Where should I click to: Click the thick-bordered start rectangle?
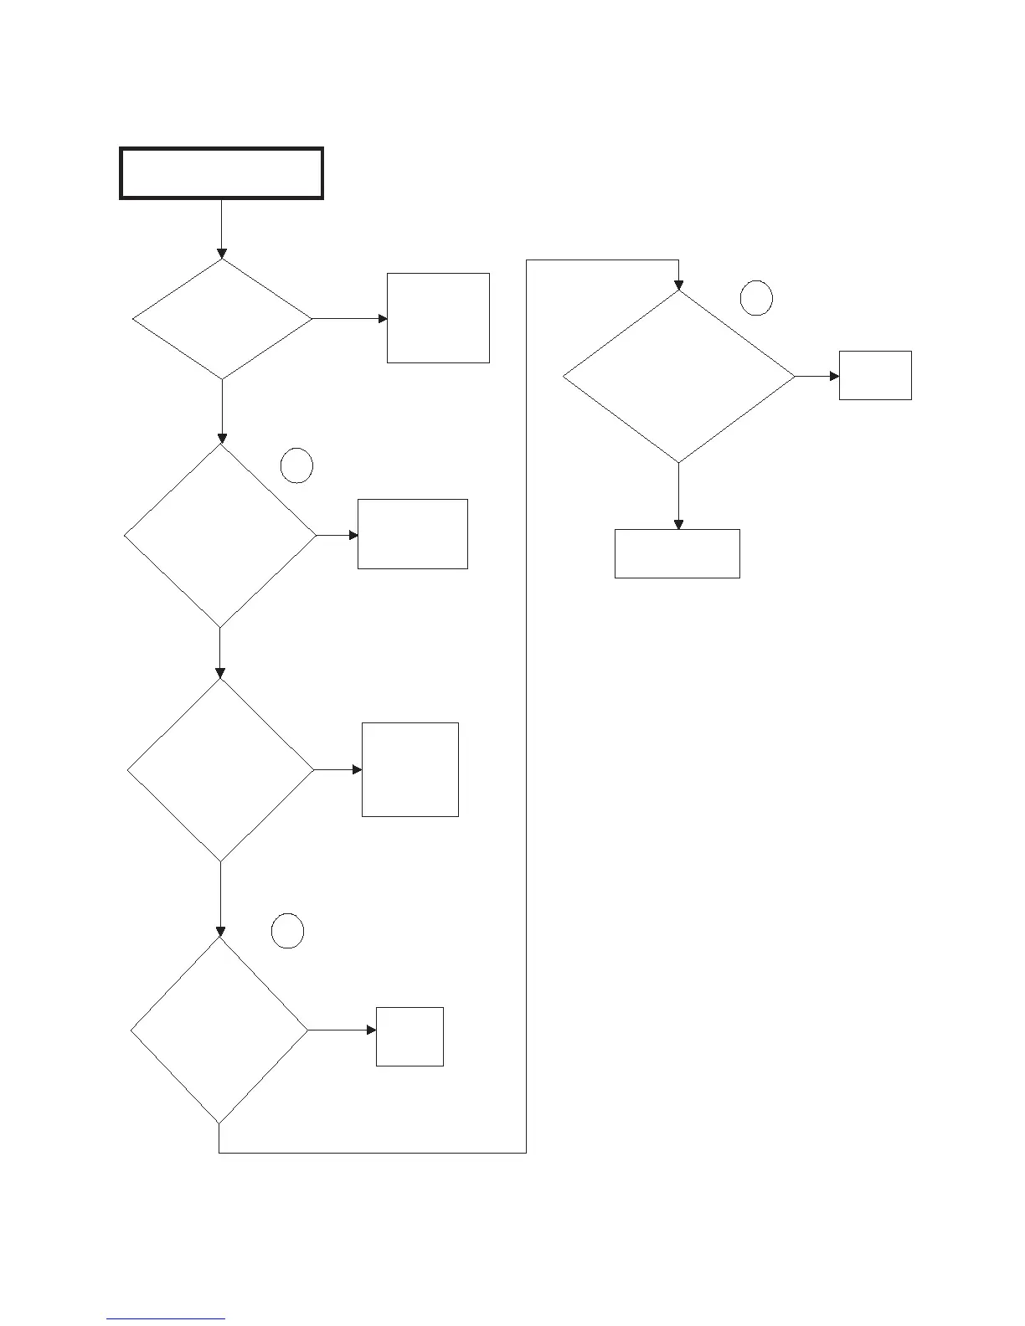tap(221, 173)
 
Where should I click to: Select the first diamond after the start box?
tap(222, 319)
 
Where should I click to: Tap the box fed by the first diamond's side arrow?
tap(438, 318)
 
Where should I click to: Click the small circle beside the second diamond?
tap(296, 466)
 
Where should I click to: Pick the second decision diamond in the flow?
tap(220, 535)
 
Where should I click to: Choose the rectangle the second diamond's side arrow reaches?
tap(412, 534)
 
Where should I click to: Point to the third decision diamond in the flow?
tap(220, 769)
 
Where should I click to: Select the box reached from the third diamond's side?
tap(409, 769)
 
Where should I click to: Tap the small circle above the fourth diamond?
tap(287, 932)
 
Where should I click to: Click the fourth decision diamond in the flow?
tap(219, 1030)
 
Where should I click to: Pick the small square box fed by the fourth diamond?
tap(409, 1036)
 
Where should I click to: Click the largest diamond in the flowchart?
tap(678, 377)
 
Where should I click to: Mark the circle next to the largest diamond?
tap(756, 299)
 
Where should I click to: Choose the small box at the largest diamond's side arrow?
tap(875, 376)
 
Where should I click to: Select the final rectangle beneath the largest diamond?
tap(677, 553)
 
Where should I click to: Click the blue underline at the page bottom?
tap(166, 1319)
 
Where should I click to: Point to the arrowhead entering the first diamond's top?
tap(222, 254)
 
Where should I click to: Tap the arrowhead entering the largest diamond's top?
tap(678, 285)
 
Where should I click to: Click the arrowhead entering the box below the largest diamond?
tap(678, 524)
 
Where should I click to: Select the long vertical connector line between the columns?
tap(526, 703)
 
